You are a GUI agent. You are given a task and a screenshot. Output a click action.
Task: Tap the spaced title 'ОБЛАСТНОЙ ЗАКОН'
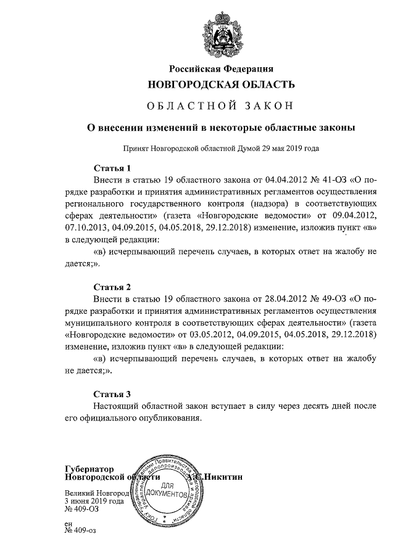(x=220, y=105)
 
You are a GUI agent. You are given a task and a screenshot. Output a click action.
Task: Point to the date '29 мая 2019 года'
(x=289, y=149)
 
